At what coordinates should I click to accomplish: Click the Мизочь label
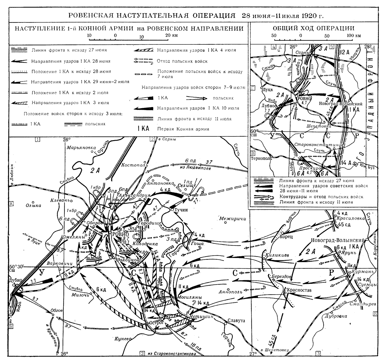coord(79,295)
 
